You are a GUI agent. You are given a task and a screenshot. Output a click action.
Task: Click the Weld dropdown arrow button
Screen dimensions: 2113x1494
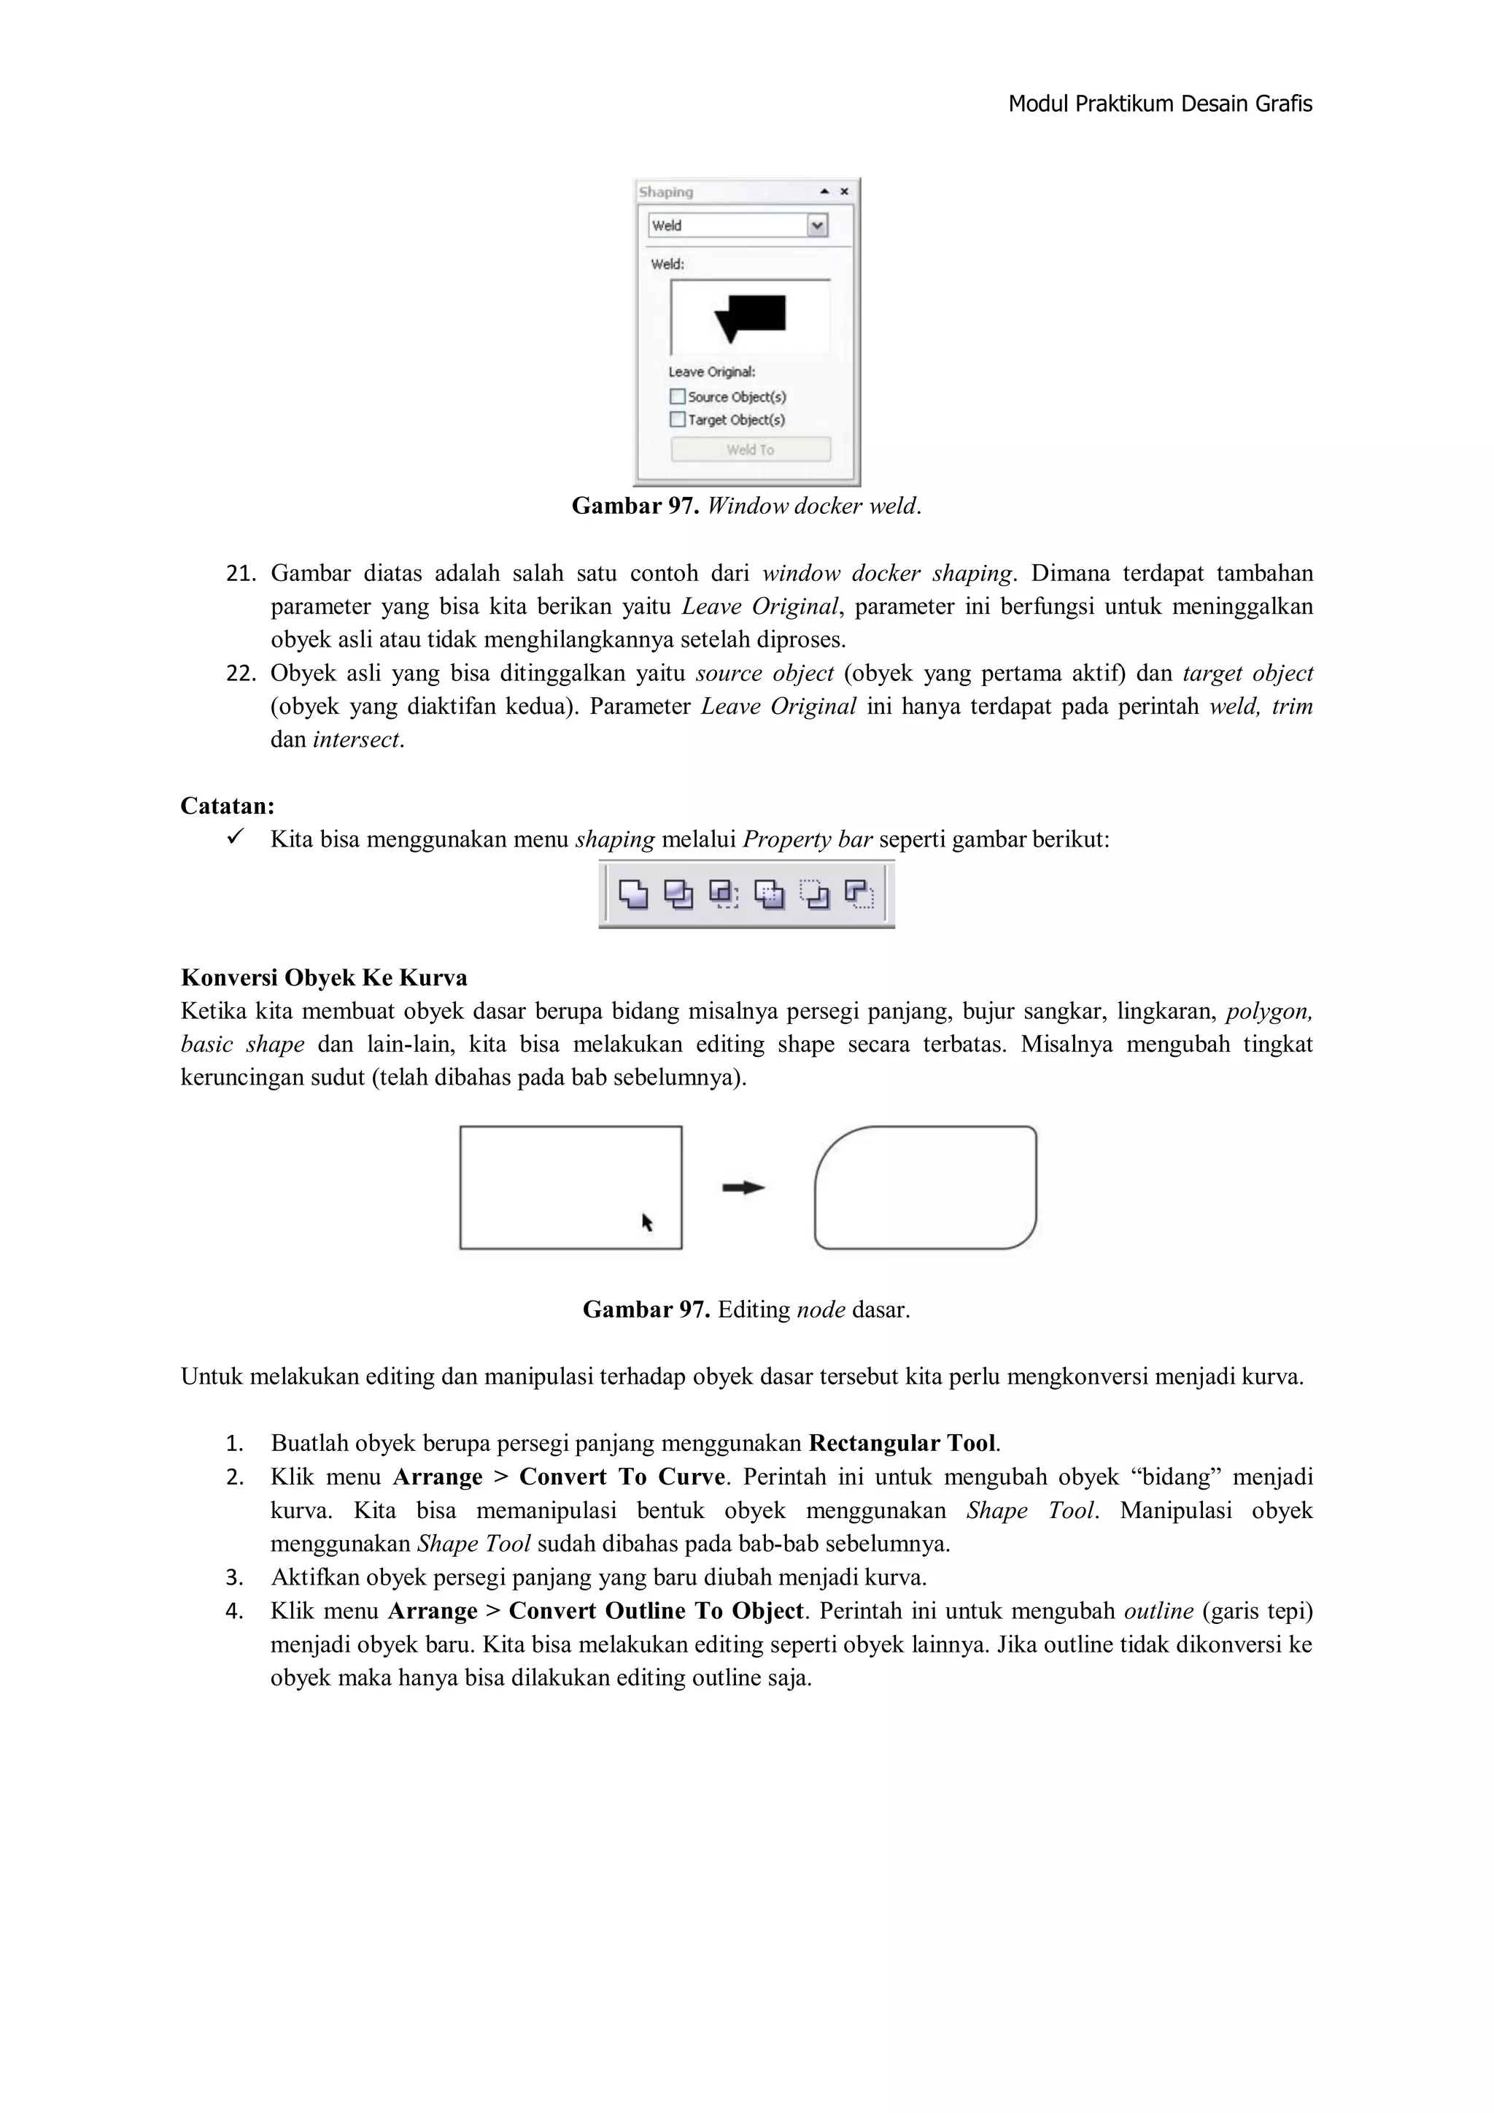click(817, 226)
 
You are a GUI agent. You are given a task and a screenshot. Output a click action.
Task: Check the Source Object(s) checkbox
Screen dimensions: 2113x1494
click(678, 396)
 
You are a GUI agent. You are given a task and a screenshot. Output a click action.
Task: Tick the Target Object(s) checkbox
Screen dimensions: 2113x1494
click(678, 420)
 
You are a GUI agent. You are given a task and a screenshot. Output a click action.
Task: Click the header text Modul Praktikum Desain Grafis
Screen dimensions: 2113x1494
click(1159, 104)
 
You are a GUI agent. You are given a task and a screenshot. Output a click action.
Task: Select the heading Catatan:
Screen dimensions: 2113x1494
click(227, 807)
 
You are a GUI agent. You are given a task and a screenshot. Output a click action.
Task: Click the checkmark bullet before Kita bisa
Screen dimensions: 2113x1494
click(235, 839)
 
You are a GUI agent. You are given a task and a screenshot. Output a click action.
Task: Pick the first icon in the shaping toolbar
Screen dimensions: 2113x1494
click(633, 893)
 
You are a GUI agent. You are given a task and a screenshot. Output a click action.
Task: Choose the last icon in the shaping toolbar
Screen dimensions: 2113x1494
click(859, 893)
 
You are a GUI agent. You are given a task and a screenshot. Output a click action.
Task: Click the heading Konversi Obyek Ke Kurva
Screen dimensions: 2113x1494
click(324, 977)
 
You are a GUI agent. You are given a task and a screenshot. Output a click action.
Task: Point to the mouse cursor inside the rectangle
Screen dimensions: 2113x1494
click(647, 1222)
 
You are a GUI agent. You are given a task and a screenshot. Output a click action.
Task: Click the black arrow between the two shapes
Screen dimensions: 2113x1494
click(743, 1188)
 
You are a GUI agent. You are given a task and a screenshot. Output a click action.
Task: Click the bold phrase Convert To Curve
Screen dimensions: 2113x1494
click(622, 1477)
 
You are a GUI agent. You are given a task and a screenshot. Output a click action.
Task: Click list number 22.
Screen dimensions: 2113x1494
click(240, 674)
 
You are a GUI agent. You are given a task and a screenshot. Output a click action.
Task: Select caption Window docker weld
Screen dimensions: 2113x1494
click(813, 506)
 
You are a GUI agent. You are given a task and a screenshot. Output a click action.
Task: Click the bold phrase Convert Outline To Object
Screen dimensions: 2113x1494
click(656, 1612)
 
